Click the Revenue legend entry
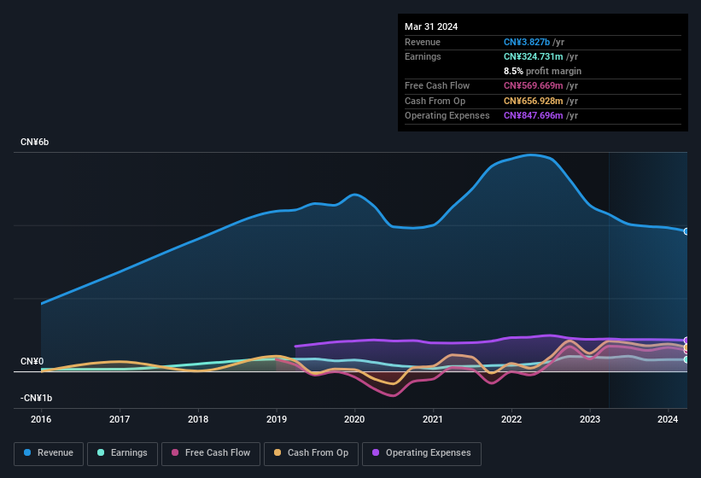click(50, 453)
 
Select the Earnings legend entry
click(122, 453)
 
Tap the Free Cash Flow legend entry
click(210, 453)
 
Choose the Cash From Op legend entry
click(310, 453)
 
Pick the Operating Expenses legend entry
click(422, 453)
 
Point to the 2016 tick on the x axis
click(41, 419)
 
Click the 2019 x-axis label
click(276, 419)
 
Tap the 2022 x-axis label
click(511, 419)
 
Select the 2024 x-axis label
click(668, 419)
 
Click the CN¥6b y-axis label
click(35, 142)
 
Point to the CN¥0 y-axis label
click(32, 361)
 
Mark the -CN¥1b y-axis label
click(37, 398)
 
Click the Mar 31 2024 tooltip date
click(431, 26)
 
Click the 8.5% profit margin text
click(542, 71)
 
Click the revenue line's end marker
click(686, 231)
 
